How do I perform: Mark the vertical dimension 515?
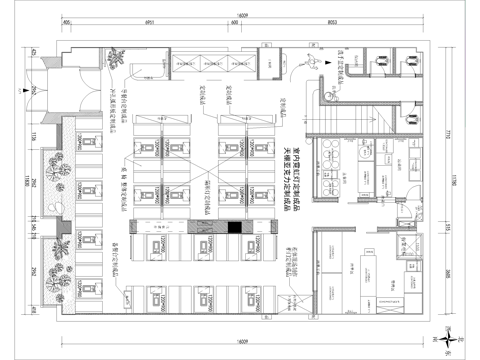click(32, 229)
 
